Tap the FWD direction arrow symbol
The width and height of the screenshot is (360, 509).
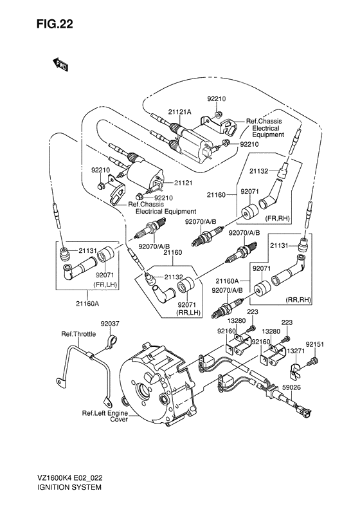60,64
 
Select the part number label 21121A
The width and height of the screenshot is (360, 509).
180,112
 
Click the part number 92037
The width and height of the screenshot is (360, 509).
111,325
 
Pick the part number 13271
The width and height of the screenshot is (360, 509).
296,351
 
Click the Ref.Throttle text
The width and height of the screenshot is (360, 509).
78,334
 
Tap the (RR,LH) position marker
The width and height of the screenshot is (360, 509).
187,312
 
